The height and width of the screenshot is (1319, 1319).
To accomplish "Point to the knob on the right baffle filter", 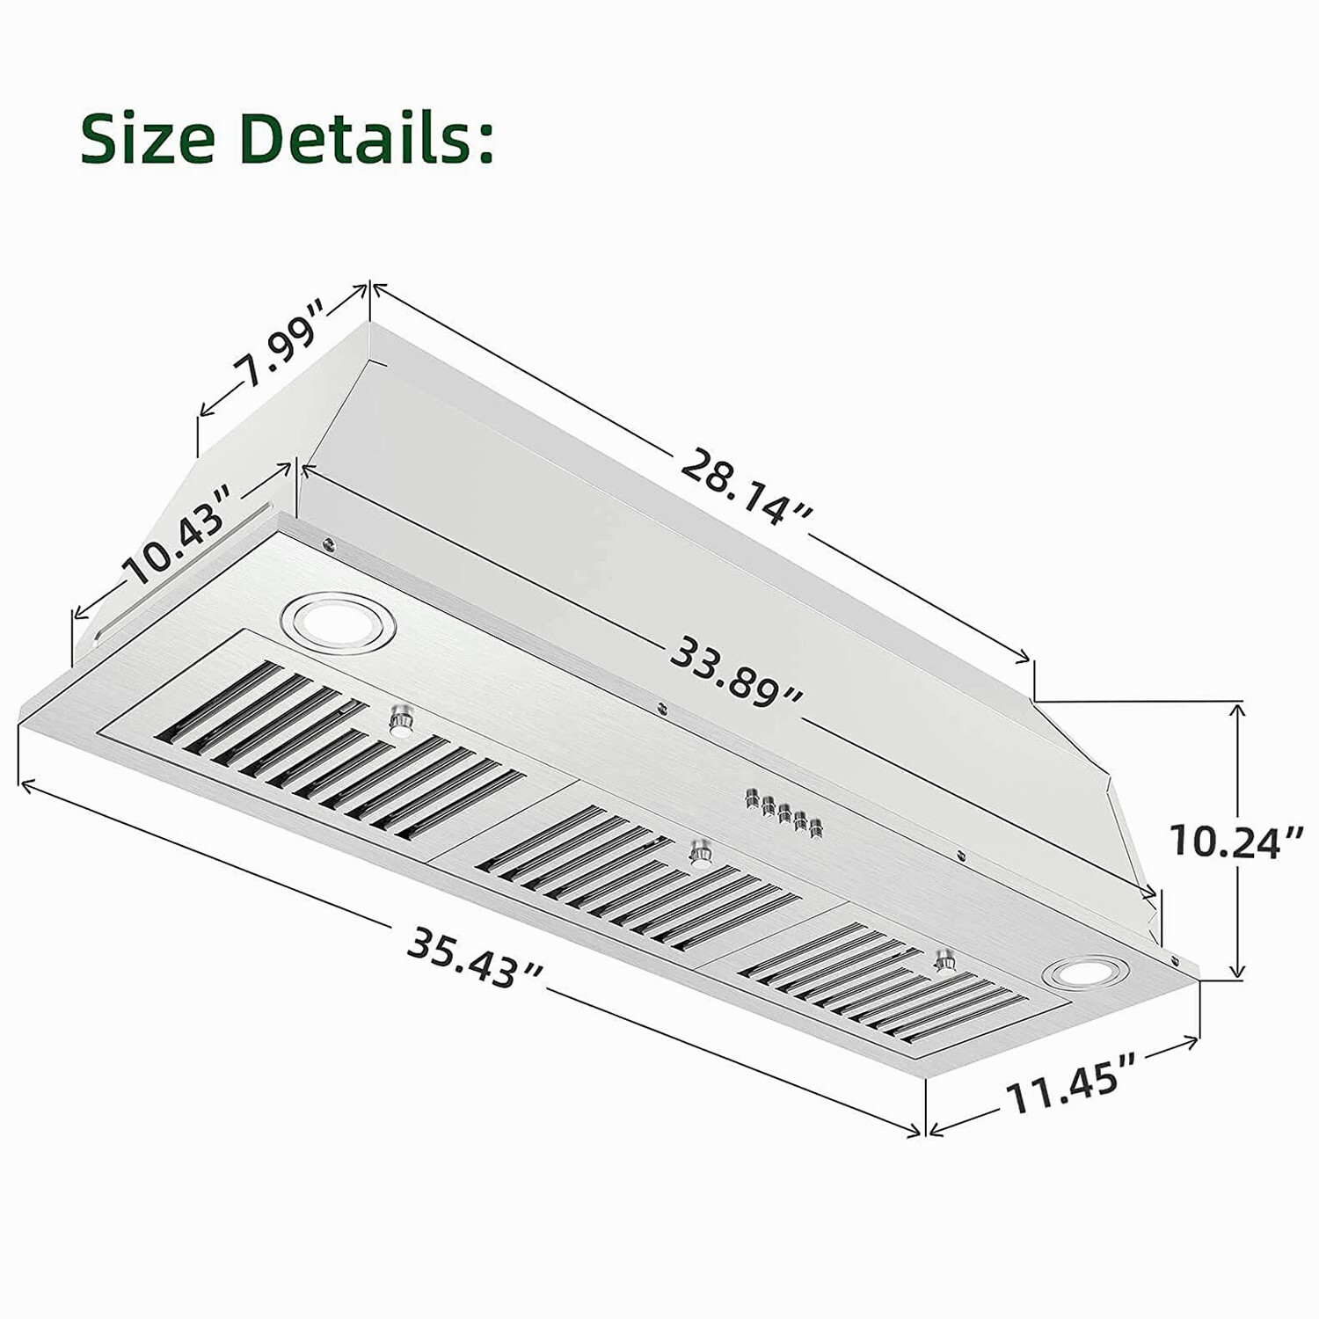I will (946, 959).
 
